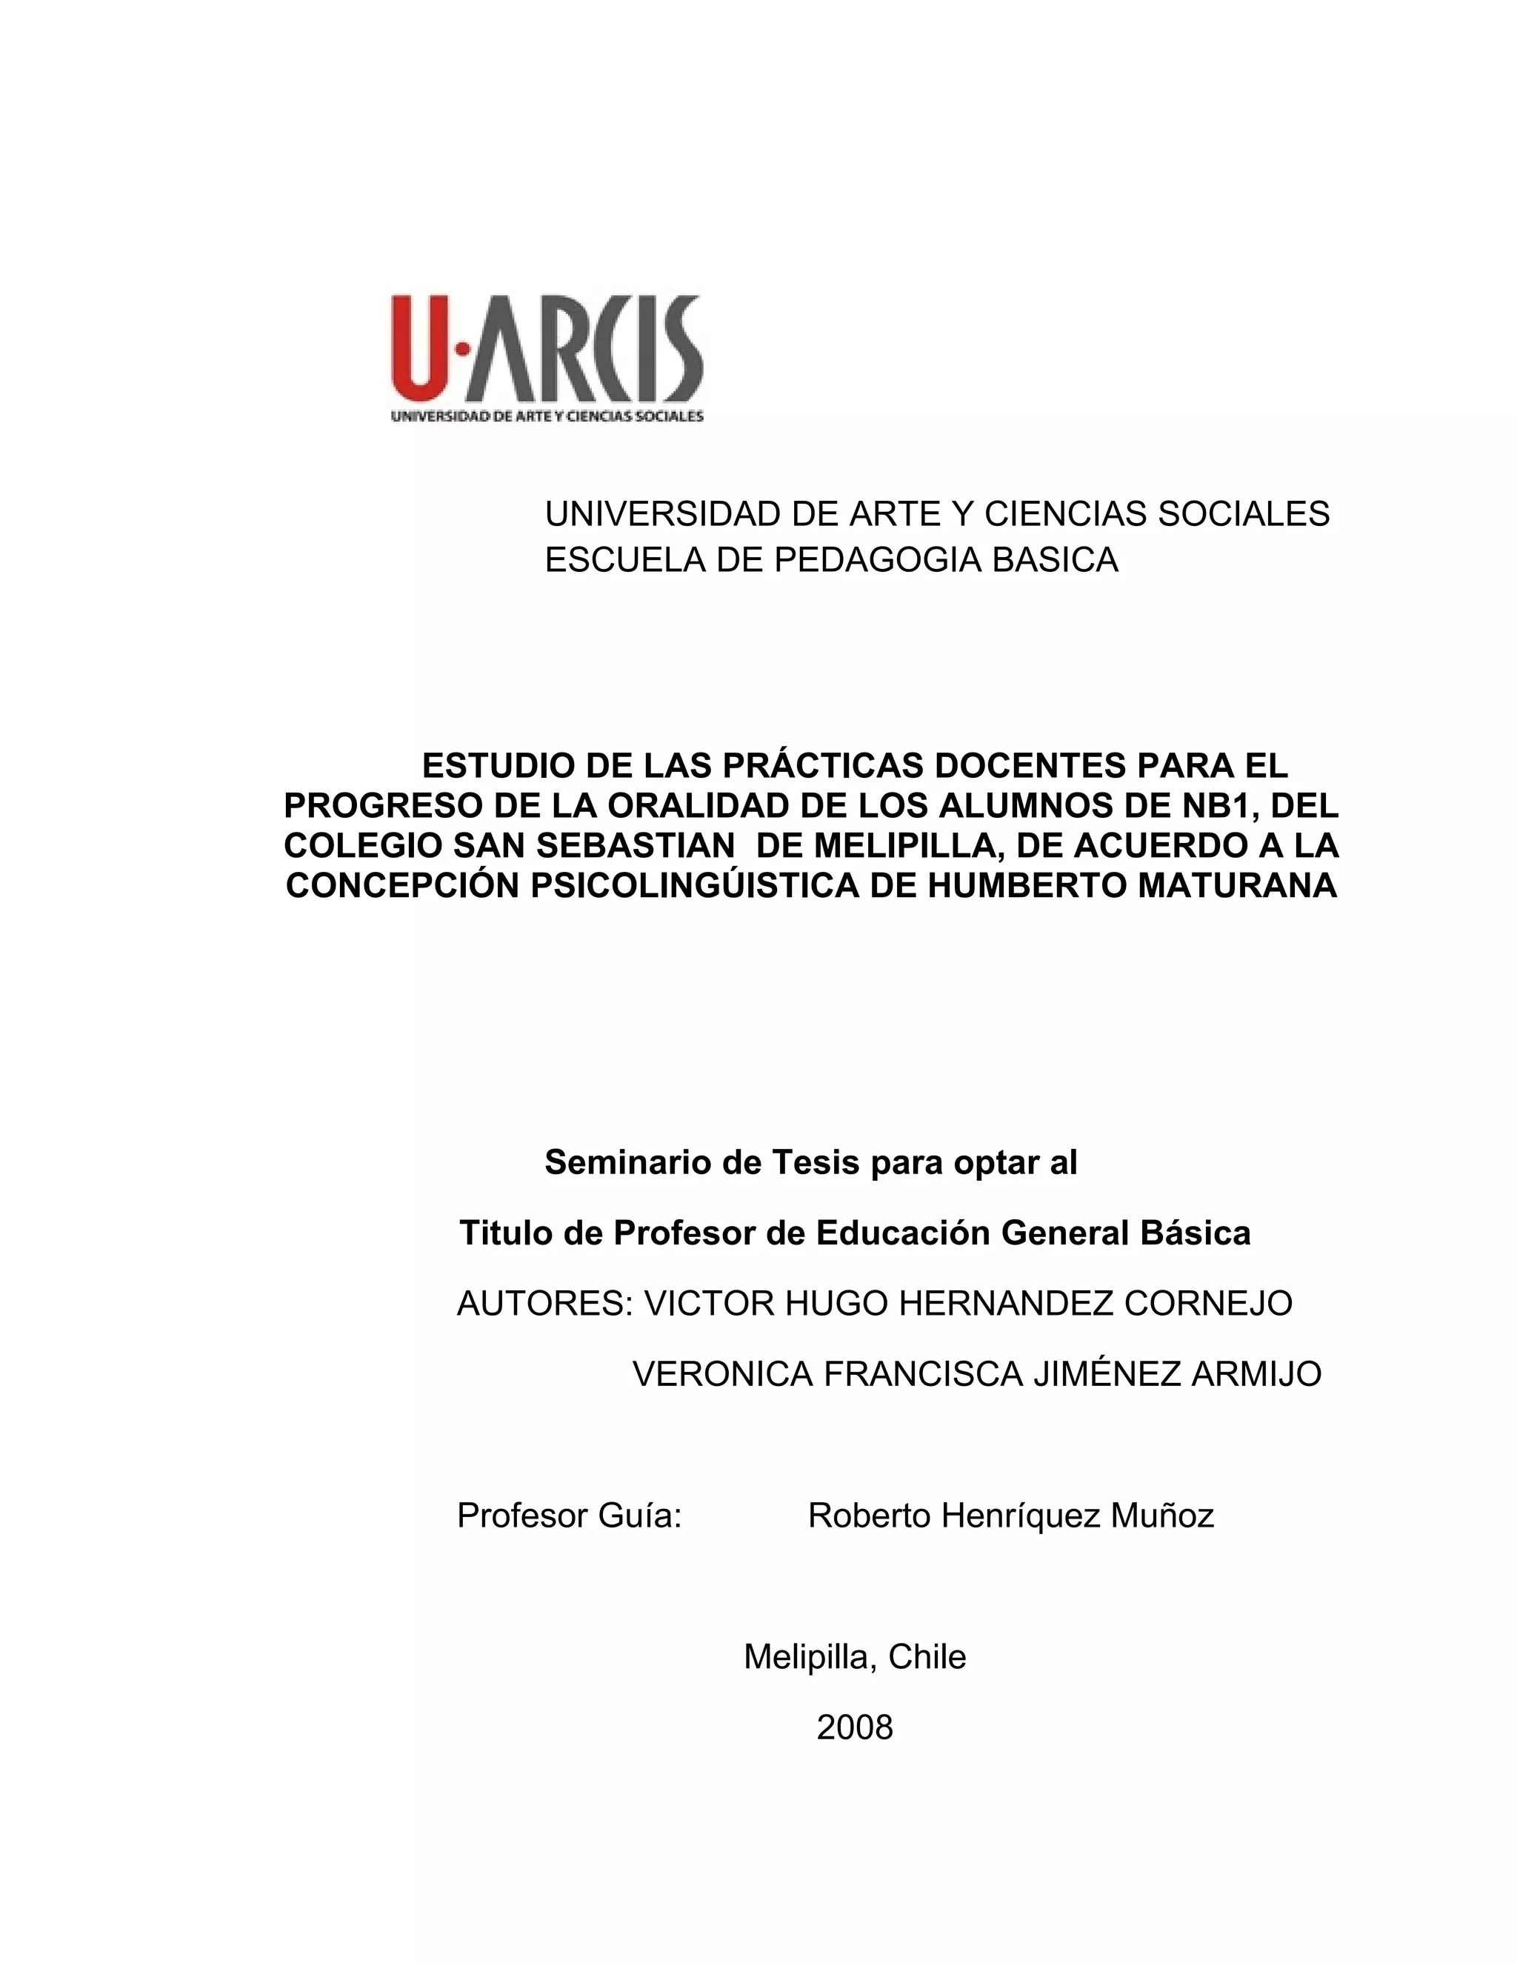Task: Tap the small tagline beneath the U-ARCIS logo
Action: point(547,416)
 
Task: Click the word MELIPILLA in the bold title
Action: point(898,846)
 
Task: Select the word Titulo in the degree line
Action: point(506,1233)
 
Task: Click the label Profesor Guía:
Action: point(570,1516)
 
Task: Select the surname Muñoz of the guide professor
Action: point(1162,1516)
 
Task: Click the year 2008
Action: point(855,1727)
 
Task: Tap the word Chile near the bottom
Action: point(927,1656)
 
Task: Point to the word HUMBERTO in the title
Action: point(1027,886)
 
